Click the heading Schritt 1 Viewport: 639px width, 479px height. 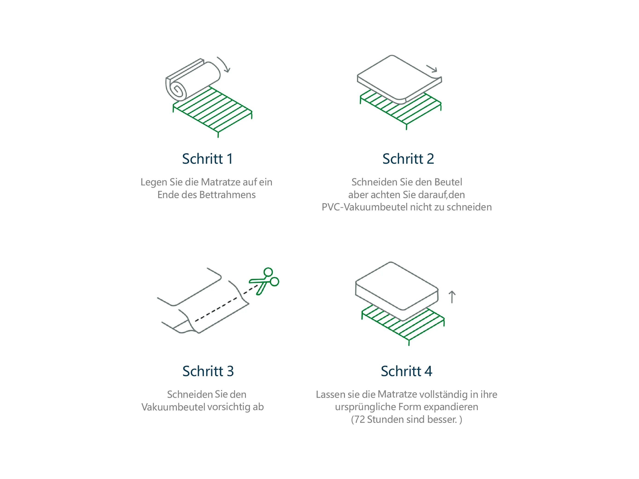[207, 159]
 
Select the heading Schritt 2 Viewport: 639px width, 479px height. [408, 159]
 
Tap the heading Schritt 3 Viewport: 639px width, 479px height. [208, 371]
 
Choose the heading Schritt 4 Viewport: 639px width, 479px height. [406, 371]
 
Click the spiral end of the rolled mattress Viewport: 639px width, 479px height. [177, 91]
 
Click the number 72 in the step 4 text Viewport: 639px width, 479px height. [360, 419]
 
